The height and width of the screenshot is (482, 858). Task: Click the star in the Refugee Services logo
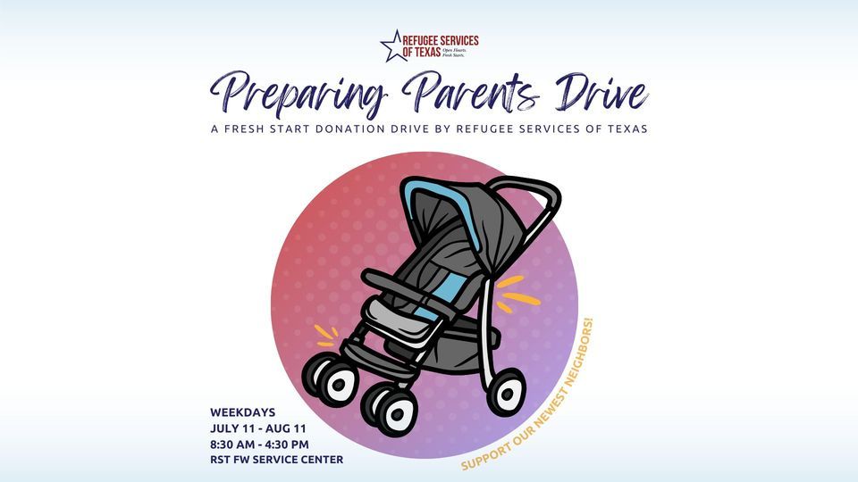click(394, 46)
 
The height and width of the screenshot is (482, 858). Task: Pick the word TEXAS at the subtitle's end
click(624, 129)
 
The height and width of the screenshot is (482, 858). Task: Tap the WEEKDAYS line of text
click(244, 412)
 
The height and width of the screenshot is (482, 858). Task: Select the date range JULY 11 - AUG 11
click(258, 428)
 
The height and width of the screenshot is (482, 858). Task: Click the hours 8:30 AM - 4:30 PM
click(259, 444)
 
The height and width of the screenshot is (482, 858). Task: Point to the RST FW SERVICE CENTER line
click(276, 460)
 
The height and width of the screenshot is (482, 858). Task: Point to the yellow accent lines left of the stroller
click(326, 336)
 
